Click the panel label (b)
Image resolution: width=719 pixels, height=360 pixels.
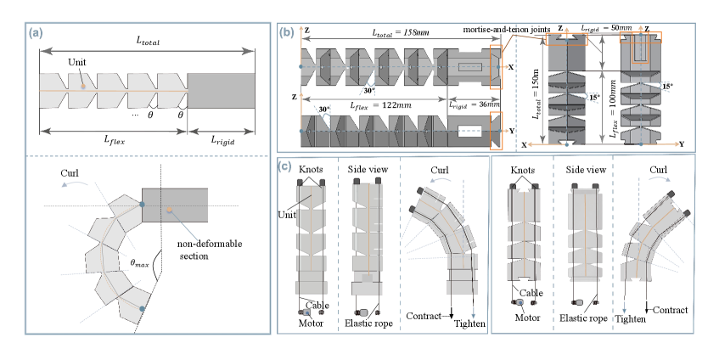(x=288, y=34)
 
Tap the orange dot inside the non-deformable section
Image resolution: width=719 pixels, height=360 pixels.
(x=170, y=209)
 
